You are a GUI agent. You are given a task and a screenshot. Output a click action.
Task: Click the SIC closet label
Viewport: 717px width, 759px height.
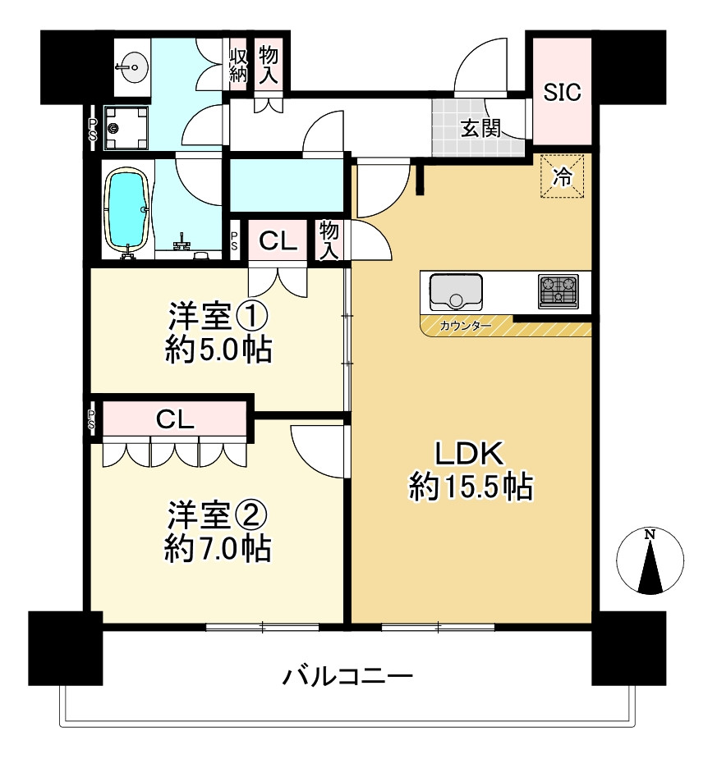click(x=563, y=92)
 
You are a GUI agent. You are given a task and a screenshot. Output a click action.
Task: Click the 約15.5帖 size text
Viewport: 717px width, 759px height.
click(x=471, y=487)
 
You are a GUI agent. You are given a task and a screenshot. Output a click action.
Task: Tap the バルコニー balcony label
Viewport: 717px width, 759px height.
click(x=347, y=677)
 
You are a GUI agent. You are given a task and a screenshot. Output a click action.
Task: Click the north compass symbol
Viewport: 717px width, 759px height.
click(x=650, y=561)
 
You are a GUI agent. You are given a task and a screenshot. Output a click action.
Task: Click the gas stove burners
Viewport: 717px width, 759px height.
click(x=558, y=291)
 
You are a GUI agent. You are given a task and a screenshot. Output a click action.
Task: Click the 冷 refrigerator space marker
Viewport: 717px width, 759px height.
click(x=562, y=176)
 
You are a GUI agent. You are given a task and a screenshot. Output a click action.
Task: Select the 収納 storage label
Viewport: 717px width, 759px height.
click(x=238, y=64)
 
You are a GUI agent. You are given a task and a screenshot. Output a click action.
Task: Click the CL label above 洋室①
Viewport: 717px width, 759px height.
click(x=278, y=241)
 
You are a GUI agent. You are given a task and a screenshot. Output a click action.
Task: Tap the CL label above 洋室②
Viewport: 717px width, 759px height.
click(x=175, y=420)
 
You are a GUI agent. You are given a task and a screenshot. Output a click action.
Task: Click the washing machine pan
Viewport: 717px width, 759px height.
click(x=127, y=127)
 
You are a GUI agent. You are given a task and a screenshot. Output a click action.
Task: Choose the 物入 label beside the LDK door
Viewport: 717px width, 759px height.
click(x=330, y=240)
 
